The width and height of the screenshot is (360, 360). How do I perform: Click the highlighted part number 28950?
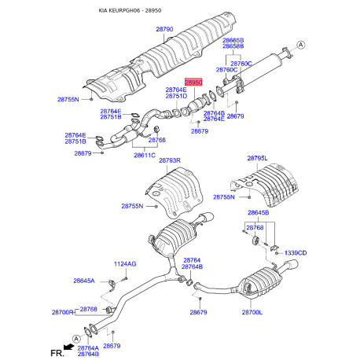click(x=193, y=82)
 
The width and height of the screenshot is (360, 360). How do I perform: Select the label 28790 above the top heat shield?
click(x=163, y=29)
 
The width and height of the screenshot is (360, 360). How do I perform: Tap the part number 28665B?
click(x=233, y=39)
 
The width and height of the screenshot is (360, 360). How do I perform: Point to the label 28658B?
click(x=233, y=46)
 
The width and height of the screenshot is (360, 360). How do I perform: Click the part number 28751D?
click(x=176, y=97)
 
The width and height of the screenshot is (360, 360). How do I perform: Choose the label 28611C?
click(x=144, y=156)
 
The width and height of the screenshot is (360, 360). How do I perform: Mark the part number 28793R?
click(x=170, y=161)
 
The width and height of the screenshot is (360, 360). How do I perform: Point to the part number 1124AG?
click(x=125, y=263)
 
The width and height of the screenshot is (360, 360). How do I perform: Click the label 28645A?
click(x=84, y=281)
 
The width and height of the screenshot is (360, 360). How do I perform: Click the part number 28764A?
click(x=88, y=347)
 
